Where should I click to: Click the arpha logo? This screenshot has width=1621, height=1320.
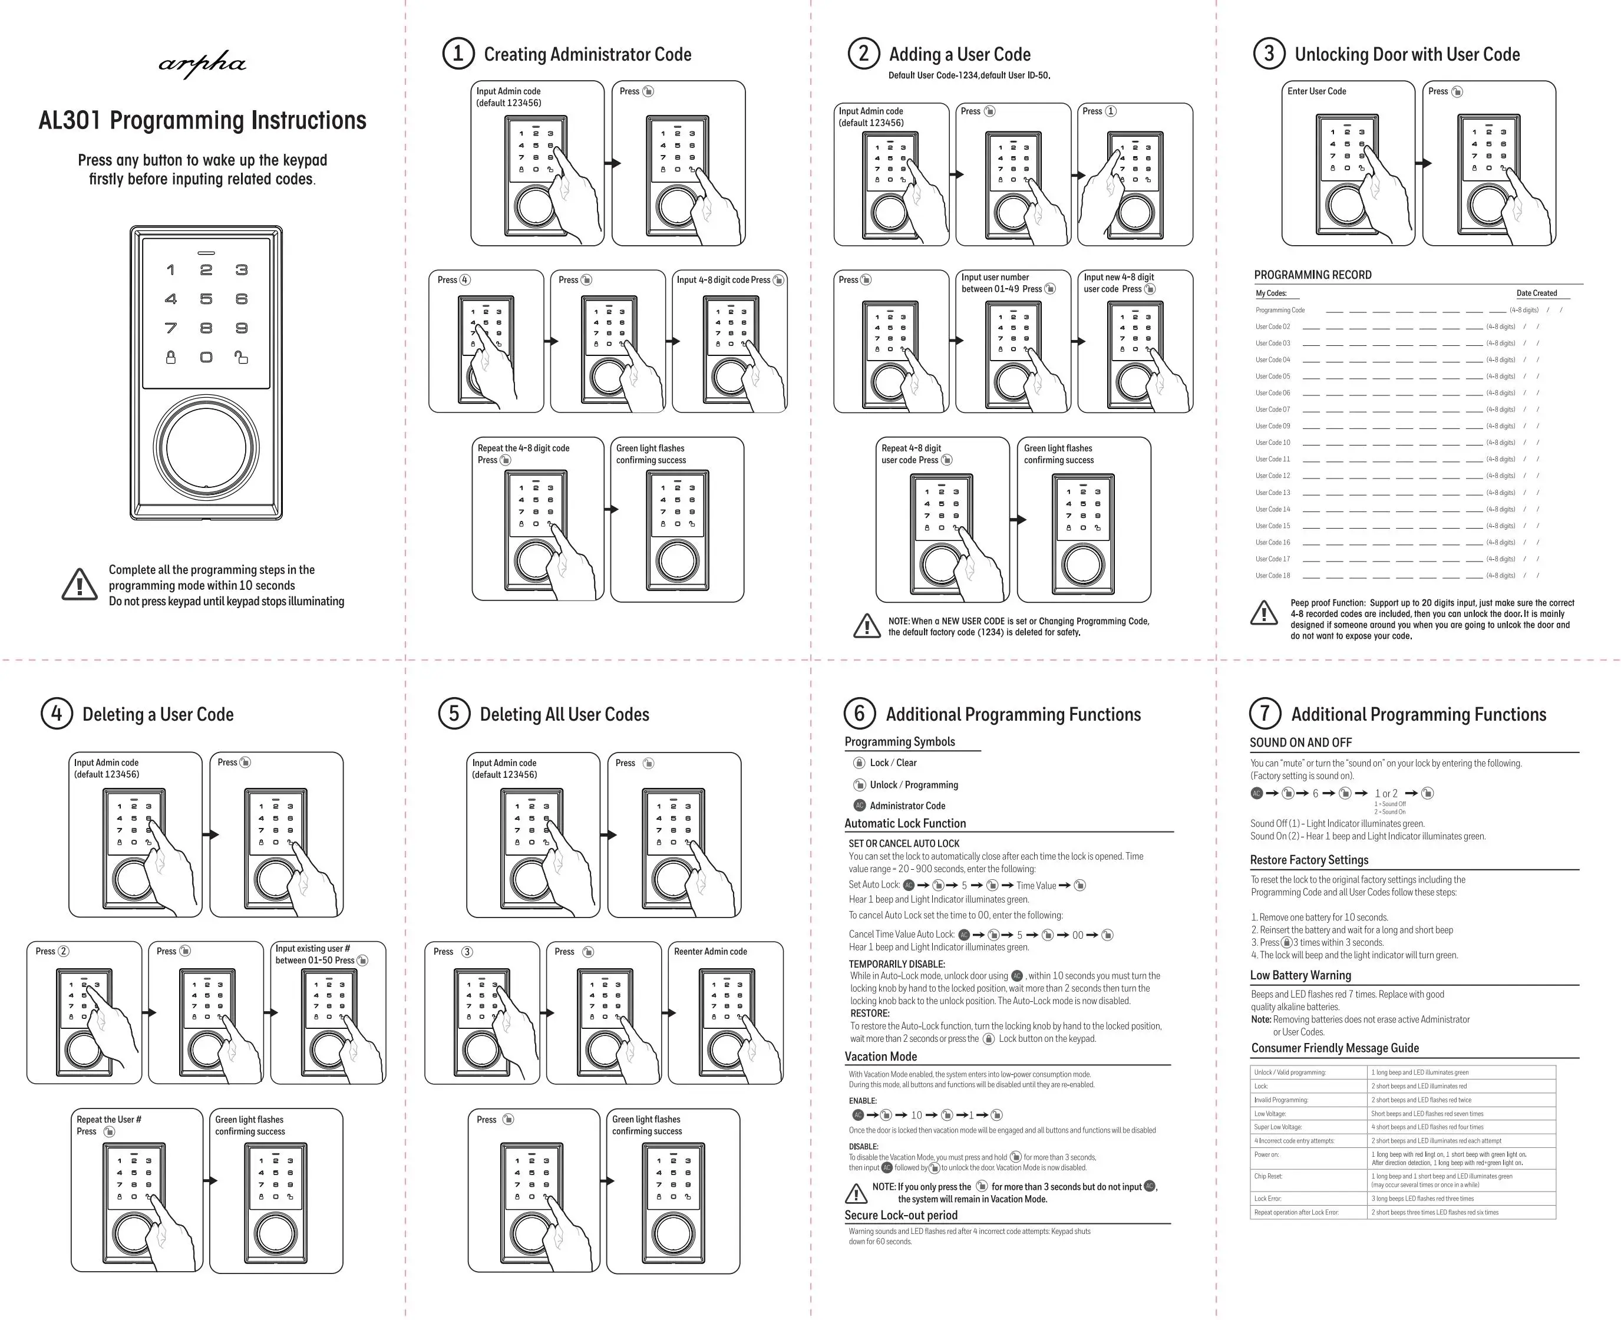[x=202, y=65]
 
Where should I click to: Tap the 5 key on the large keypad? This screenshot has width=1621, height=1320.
[x=206, y=299]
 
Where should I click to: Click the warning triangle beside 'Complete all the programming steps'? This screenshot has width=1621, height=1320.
[x=79, y=584]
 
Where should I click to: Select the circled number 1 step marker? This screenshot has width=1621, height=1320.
[x=458, y=54]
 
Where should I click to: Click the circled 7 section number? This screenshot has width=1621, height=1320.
[x=1265, y=713]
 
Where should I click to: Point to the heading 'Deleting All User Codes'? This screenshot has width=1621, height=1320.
[x=564, y=714]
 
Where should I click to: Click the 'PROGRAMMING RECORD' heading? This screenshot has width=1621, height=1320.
[x=1312, y=275]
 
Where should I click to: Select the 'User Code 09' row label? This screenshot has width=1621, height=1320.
[x=1273, y=426]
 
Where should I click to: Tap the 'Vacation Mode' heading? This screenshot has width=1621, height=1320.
[x=880, y=1056]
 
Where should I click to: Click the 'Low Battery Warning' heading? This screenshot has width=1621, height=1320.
[x=1300, y=975]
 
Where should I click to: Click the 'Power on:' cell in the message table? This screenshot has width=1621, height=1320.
[x=1267, y=1154]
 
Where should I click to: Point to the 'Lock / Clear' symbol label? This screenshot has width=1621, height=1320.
[x=893, y=763]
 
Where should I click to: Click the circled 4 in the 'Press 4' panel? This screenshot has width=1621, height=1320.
[x=464, y=280]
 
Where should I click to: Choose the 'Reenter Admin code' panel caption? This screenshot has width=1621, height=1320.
[x=710, y=951]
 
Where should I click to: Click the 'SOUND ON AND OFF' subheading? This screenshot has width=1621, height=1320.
[x=1300, y=742]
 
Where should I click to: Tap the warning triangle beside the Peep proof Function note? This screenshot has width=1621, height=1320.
[x=1264, y=613]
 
